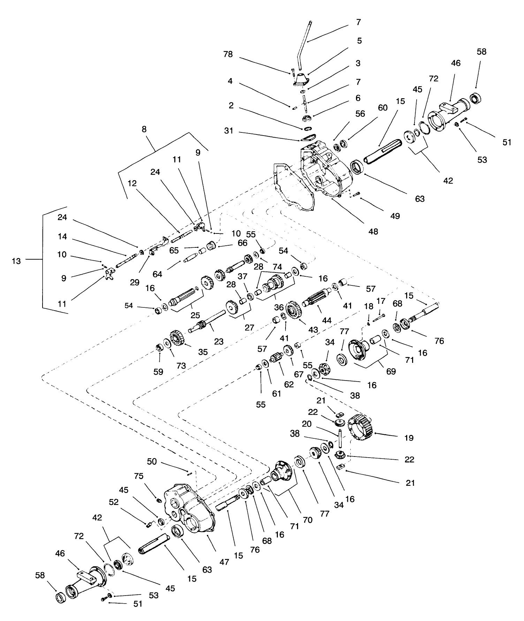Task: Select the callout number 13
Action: tap(16, 261)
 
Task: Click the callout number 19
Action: tap(409, 438)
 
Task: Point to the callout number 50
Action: tap(152, 462)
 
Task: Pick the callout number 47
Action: tap(225, 562)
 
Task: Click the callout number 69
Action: tap(391, 371)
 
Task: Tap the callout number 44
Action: tap(326, 320)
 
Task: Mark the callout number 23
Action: tap(219, 342)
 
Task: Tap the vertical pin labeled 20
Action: tap(340, 439)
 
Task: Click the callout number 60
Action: tap(382, 108)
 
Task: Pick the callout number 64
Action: tap(157, 274)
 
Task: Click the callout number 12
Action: tap(132, 183)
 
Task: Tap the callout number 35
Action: tap(203, 352)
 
